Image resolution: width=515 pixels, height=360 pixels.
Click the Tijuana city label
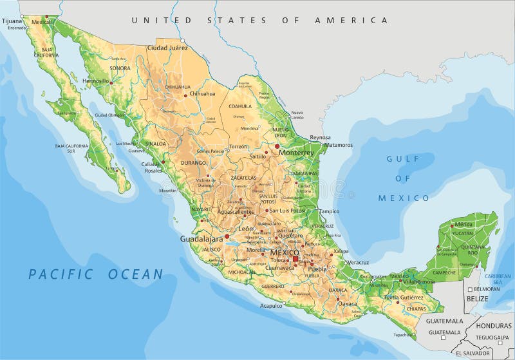[x=12, y=21]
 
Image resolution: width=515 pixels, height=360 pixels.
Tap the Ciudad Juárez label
[x=167, y=48]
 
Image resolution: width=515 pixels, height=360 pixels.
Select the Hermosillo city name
[x=95, y=81]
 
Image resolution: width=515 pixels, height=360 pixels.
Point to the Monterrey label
[x=296, y=153]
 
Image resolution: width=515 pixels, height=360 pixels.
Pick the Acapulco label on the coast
[x=271, y=306]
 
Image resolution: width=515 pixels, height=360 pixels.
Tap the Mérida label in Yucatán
[x=464, y=224]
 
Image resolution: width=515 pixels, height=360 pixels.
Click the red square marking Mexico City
[x=295, y=260]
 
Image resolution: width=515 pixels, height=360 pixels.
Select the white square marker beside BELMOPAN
[x=471, y=289]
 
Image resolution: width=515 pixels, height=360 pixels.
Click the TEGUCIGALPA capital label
[x=492, y=337]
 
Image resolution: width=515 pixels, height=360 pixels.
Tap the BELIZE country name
[x=478, y=299]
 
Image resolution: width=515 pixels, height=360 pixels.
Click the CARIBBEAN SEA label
[x=497, y=278]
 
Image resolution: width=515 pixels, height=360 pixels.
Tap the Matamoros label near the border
[x=338, y=145]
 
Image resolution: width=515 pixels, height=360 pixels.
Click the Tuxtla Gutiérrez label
[x=404, y=298]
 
